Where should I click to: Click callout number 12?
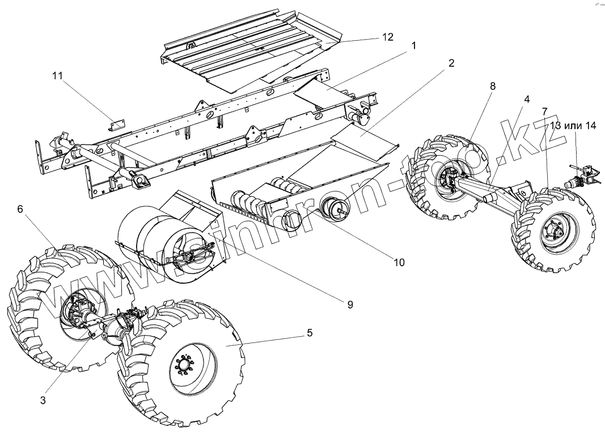click(x=387, y=37)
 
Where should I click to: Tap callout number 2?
click(x=451, y=63)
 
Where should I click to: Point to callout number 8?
click(x=492, y=87)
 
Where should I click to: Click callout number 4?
click(x=527, y=99)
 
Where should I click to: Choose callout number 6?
click(x=20, y=209)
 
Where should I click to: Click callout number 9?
click(x=350, y=304)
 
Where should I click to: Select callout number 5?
click(x=309, y=333)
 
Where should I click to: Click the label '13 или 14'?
click(x=572, y=126)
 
